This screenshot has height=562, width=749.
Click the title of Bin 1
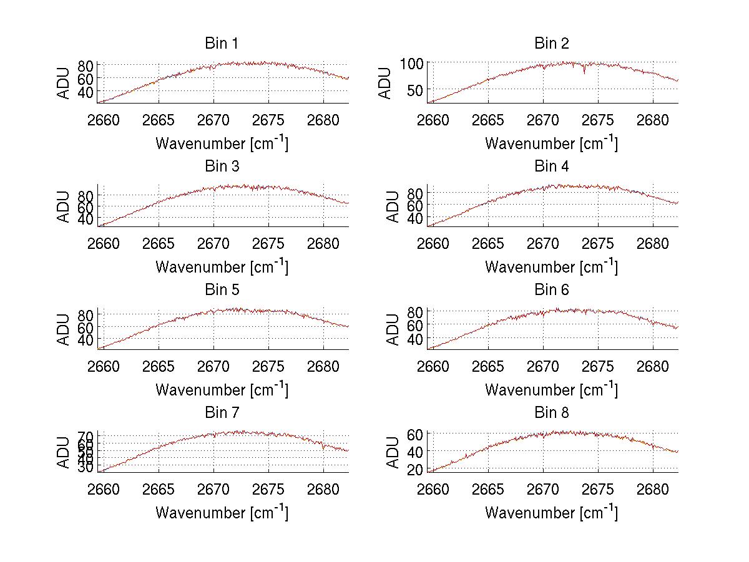coord(222,44)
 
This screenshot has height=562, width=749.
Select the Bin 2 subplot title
coord(551,44)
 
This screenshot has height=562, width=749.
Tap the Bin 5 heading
coord(222,290)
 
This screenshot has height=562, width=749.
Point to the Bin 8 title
coord(551,413)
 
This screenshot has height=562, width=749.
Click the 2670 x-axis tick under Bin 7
coord(213,488)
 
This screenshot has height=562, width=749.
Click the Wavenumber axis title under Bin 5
coord(222,390)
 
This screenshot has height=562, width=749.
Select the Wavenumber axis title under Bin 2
coord(551,143)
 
